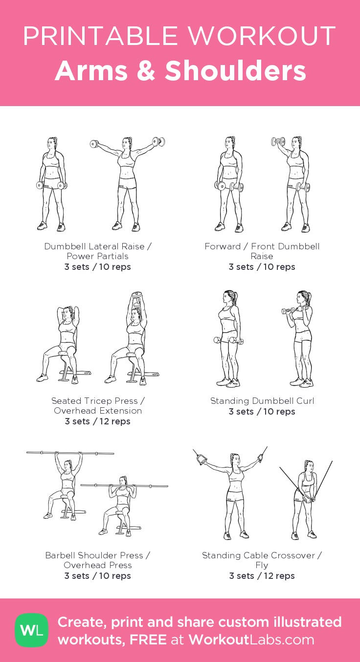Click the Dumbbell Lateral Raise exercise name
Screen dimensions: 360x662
coord(98,251)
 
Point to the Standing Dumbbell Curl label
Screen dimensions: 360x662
coord(262,401)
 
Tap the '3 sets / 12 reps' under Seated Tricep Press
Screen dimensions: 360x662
coord(97,421)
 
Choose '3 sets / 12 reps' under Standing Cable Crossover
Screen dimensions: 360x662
coord(262,575)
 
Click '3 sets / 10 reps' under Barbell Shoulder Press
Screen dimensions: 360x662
coord(97,575)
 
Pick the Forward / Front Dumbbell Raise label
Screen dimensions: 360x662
coord(262,251)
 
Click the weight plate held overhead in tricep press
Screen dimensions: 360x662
coord(136,295)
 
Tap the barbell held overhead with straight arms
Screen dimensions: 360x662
coord(70,453)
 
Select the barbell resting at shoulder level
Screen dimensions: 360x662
coord(124,485)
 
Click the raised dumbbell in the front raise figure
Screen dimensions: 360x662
coord(278,142)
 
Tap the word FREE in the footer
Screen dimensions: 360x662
coord(148,640)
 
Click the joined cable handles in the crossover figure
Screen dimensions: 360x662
coord(306,500)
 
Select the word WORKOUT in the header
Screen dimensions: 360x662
coord(262,36)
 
